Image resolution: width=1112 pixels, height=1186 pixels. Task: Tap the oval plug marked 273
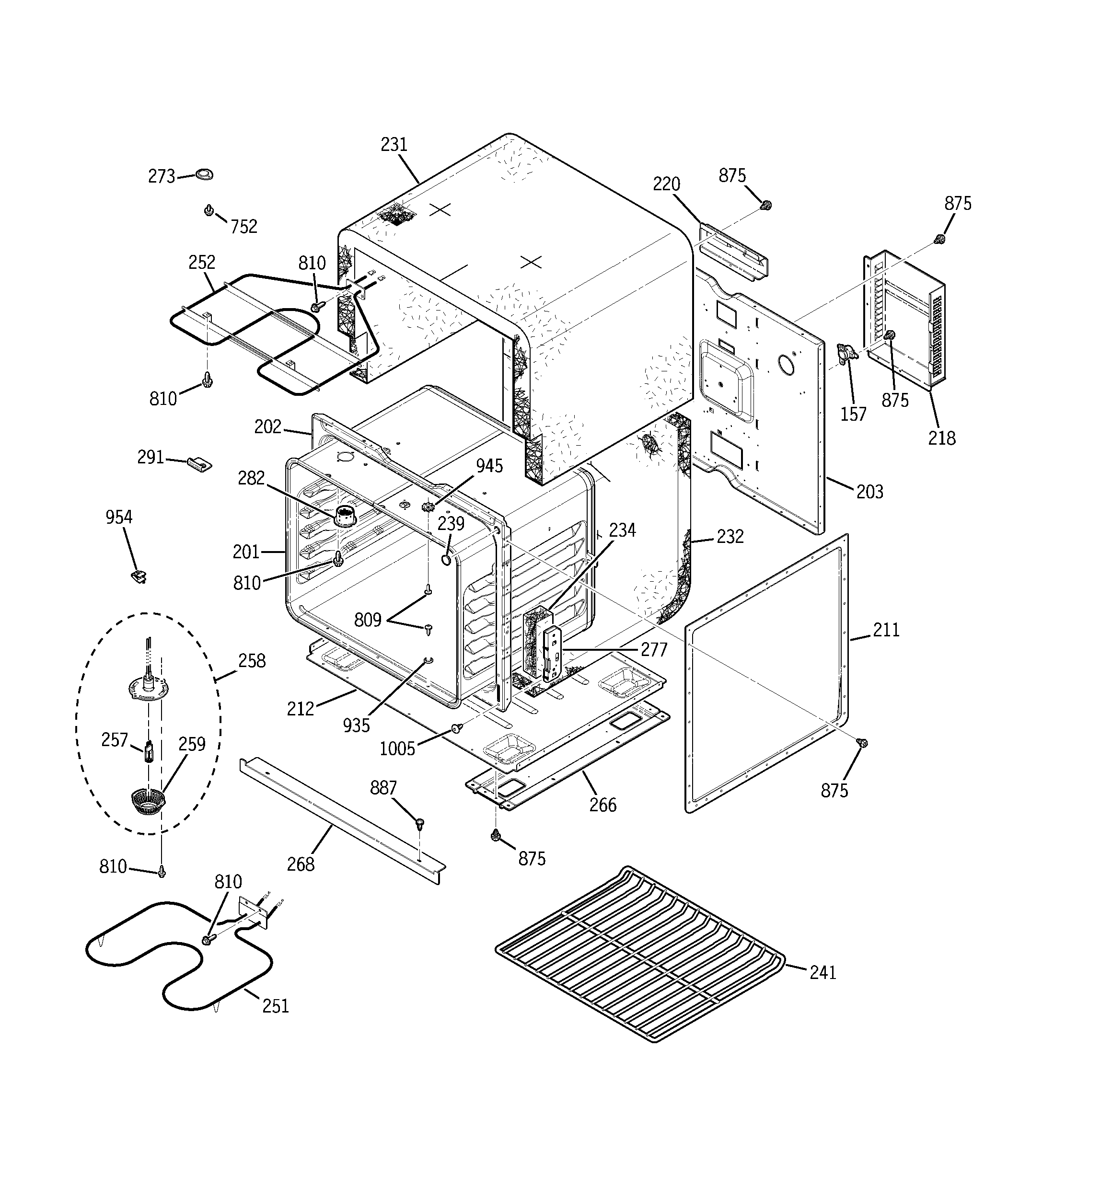click(x=204, y=174)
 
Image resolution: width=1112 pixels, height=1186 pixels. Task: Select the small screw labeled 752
click(x=209, y=210)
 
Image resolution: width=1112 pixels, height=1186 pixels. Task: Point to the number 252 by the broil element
click(x=202, y=263)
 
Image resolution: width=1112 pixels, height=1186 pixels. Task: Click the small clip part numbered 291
click(x=199, y=463)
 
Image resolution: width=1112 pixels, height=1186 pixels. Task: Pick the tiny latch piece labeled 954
click(x=139, y=576)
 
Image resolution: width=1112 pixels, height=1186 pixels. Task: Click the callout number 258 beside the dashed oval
click(x=252, y=661)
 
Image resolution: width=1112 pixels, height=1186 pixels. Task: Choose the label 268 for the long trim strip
click(x=300, y=864)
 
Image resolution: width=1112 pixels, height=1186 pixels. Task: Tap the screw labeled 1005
click(x=457, y=728)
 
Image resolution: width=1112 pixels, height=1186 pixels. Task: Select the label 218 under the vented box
click(x=941, y=438)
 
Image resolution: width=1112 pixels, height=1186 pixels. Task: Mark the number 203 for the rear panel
click(x=869, y=492)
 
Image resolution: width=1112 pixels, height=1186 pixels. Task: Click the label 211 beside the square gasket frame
click(x=886, y=631)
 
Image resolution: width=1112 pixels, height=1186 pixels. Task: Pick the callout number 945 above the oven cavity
click(x=489, y=466)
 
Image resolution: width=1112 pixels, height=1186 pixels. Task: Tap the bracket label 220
click(x=666, y=184)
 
